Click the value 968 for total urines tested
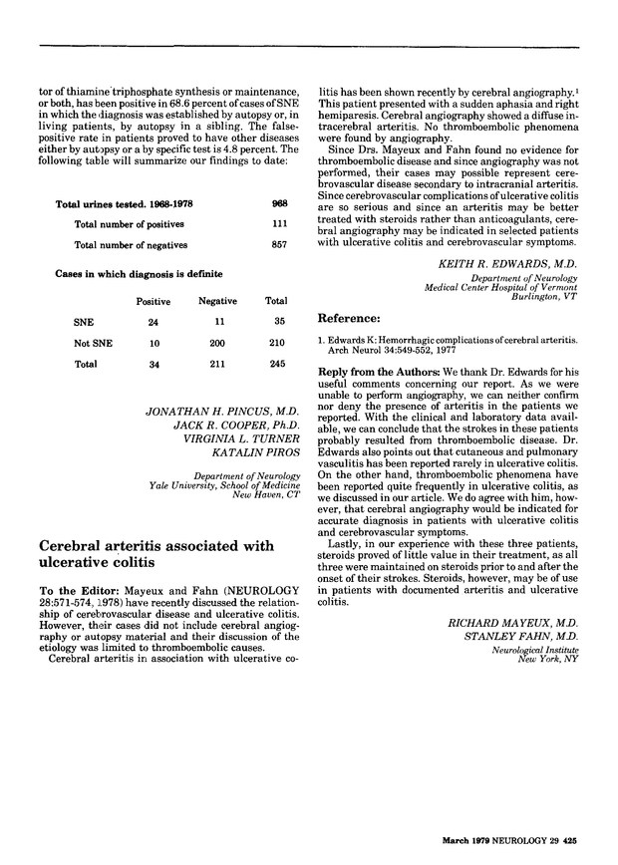pyautogui.click(x=279, y=203)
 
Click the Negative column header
pyautogui.click(x=216, y=301)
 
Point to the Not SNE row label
pyautogui.click(x=90, y=344)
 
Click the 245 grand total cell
pyautogui.click(x=276, y=364)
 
